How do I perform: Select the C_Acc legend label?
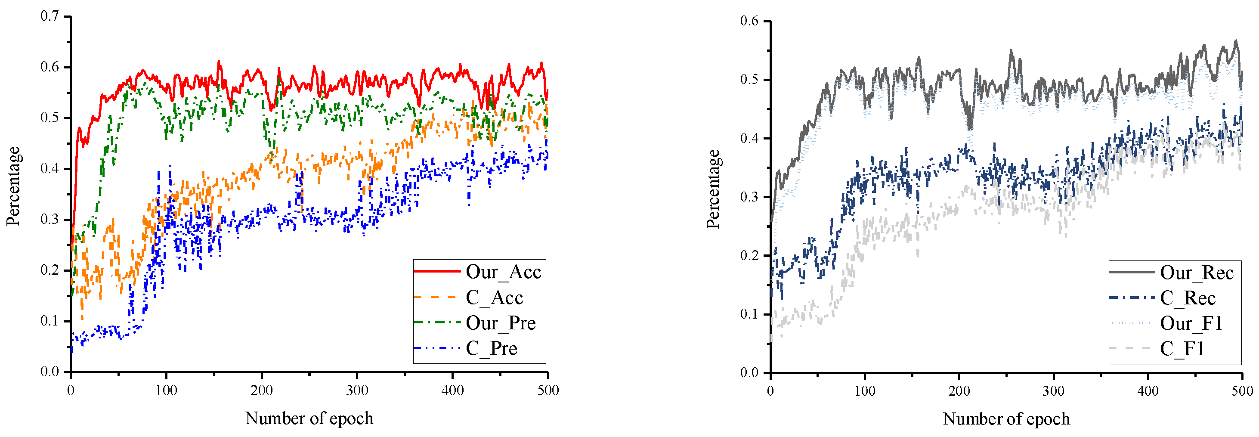[494, 298]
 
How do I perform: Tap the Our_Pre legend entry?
[501, 323]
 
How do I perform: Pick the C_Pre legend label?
[491, 349]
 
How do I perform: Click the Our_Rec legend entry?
[1197, 273]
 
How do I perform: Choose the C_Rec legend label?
[1188, 298]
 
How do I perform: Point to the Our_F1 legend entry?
[1191, 324]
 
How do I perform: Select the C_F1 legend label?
[1182, 349]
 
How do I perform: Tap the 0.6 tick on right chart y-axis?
[749, 21]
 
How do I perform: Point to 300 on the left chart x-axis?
[357, 391]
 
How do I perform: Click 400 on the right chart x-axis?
[1148, 391]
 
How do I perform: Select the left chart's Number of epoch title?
[309, 418]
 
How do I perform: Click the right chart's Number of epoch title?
[1006, 419]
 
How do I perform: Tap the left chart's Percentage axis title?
[13, 186]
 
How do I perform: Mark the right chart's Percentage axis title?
[713, 189]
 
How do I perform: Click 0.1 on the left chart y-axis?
[49, 321]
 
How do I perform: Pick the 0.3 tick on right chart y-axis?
[749, 197]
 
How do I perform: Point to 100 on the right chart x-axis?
[865, 391]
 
